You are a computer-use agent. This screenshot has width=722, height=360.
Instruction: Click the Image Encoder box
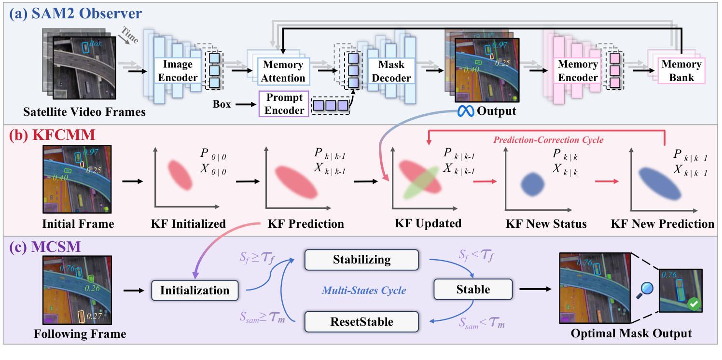(177, 71)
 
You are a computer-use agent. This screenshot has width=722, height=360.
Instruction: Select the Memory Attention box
(283, 71)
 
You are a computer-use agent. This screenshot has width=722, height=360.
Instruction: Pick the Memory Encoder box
(578, 71)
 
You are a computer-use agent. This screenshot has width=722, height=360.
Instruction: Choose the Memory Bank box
(681, 71)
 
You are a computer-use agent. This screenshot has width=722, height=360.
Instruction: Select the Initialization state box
(194, 290)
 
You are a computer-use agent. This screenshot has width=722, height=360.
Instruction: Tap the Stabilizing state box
(361, 260)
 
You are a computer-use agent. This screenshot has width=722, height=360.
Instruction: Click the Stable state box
(472, 289)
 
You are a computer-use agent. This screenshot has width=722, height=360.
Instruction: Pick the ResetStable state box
(361, 321)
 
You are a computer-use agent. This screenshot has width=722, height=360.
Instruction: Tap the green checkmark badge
(694, 304)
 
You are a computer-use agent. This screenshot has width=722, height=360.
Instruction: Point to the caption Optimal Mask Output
(631, 333)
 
